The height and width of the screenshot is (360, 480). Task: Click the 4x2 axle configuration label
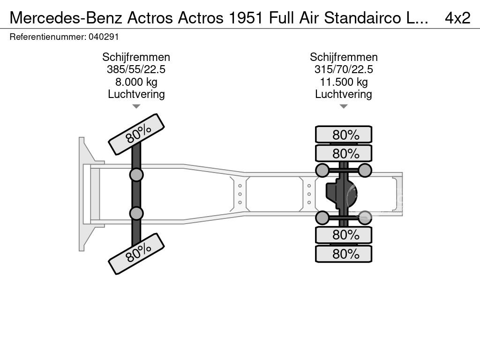(x=457, y=17)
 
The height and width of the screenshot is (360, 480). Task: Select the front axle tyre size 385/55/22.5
(x=136, y=69)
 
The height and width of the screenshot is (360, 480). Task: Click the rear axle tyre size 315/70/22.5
(x=344, y=69)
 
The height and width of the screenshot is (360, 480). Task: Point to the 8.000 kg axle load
(x=136, y=82)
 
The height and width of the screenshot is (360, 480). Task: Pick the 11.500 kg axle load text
(x=344, y=82)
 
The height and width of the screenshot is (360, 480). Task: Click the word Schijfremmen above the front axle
(x=136, y=57)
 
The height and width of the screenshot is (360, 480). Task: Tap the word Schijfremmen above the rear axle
(x=344, y=57)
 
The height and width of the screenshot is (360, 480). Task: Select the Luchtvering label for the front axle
(x=136, y=94)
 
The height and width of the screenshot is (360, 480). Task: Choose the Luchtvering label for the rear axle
(x=344, y=94)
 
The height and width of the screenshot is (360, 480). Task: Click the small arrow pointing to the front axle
(x=136, y=106)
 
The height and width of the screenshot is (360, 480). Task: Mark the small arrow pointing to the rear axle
(x=344, y=106)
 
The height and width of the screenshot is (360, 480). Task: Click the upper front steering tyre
(x=136, y=134)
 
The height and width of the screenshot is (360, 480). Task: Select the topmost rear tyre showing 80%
(x=344, y=135)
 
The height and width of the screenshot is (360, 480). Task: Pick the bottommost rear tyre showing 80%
(x=344, y=254)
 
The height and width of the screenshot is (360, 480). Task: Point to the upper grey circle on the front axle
(x=136, y=175)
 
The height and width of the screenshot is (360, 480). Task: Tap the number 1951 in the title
(x=247, y=17)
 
